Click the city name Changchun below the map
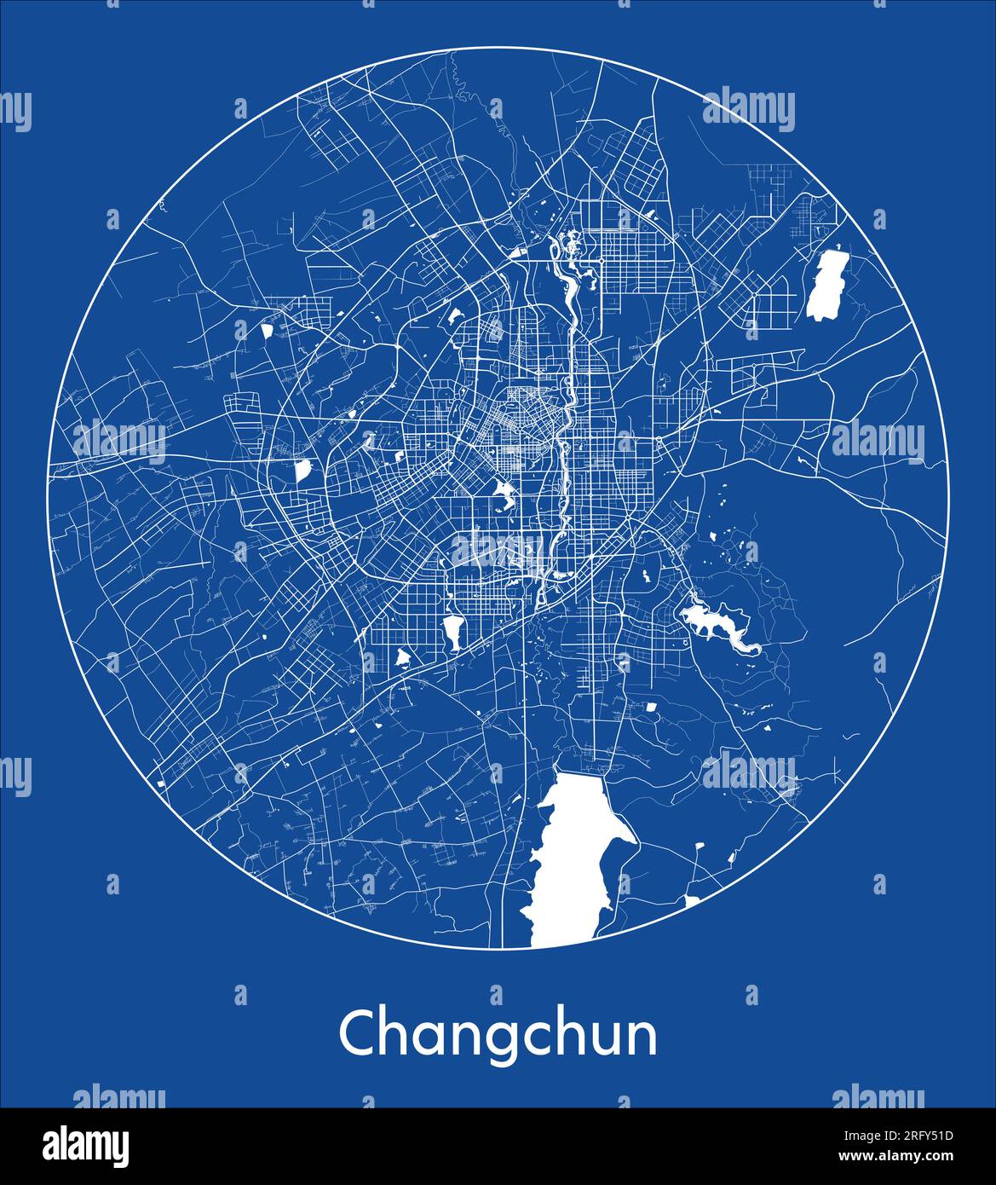498,1035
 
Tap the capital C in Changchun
358,1033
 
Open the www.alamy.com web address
886,1157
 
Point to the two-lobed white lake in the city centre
503,494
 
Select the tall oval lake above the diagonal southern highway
452,631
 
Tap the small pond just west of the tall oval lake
403,657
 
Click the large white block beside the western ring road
302,471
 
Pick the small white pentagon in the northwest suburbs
267,329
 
